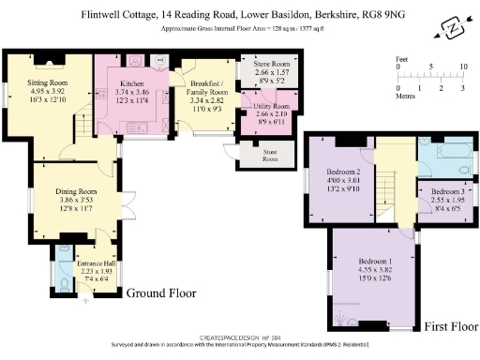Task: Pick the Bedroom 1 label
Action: point(375,260)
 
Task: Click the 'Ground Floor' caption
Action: point(161,292)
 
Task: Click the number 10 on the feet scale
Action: point(462,67)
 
